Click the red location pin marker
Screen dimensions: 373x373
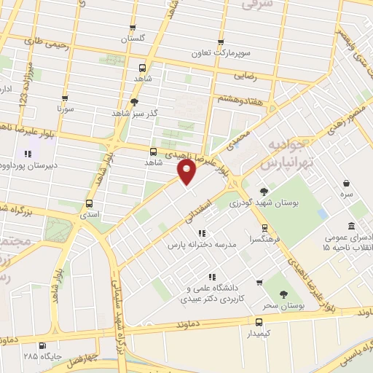pos(188,172)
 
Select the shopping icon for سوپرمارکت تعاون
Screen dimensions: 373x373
pos(221,42)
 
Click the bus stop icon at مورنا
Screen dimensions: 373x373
pos(66,98)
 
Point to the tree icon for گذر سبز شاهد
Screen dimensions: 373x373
pos(134,103)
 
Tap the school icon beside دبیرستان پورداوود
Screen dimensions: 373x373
pos(28,154)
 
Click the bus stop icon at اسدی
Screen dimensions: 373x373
pos(89,203)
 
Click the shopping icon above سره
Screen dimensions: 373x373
pos(345,183)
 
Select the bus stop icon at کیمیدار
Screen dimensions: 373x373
pos(259,321)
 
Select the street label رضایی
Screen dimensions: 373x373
pos(243,74)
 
